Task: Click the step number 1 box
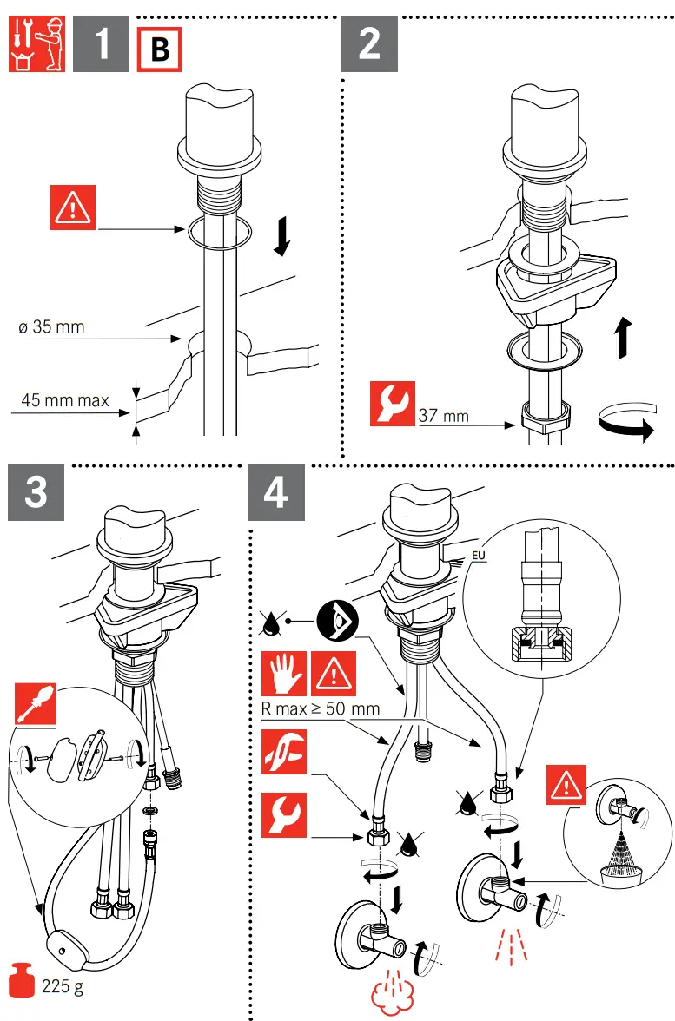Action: point(102,45)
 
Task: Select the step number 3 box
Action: point(36,493)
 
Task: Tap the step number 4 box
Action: point(276,493)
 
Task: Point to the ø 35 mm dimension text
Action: point(51,327)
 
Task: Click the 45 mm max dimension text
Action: point(65,400)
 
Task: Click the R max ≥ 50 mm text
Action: point(321,708)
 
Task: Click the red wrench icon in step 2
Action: point(392,404)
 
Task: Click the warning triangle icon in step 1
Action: point(73,208)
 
